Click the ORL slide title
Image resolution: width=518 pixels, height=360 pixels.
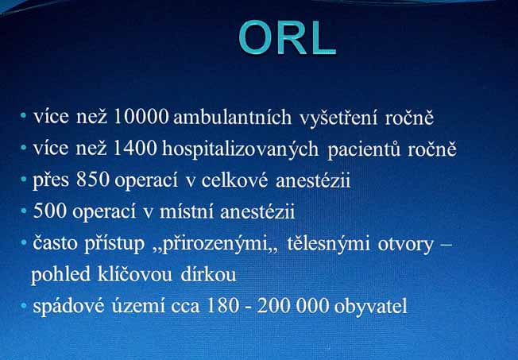coord(287,37)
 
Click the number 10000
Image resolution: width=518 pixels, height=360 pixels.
coord(141,117)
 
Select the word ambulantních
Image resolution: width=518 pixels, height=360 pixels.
coord(233,117)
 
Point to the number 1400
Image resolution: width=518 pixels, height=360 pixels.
coord(134,149)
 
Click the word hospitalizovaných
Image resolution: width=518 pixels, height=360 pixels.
coord(240,149)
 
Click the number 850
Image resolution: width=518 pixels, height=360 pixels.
coord(92,180)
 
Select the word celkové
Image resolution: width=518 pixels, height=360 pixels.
coord(234,180)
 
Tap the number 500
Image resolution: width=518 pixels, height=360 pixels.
coord(50,211)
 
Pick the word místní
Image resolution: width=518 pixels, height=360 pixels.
coord(187,211)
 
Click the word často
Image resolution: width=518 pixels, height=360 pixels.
coord(55,243)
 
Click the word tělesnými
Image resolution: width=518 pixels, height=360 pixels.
coord(328,243)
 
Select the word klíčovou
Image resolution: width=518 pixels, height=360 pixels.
coord(135,274)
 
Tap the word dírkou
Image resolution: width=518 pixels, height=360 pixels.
coord(208,274)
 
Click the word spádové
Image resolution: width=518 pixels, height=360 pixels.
coord(68,306)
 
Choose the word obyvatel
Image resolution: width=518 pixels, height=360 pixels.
coord(371,306)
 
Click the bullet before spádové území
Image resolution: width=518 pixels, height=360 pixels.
coord(24,306)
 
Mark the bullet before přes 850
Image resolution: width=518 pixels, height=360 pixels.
coord(24,180)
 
